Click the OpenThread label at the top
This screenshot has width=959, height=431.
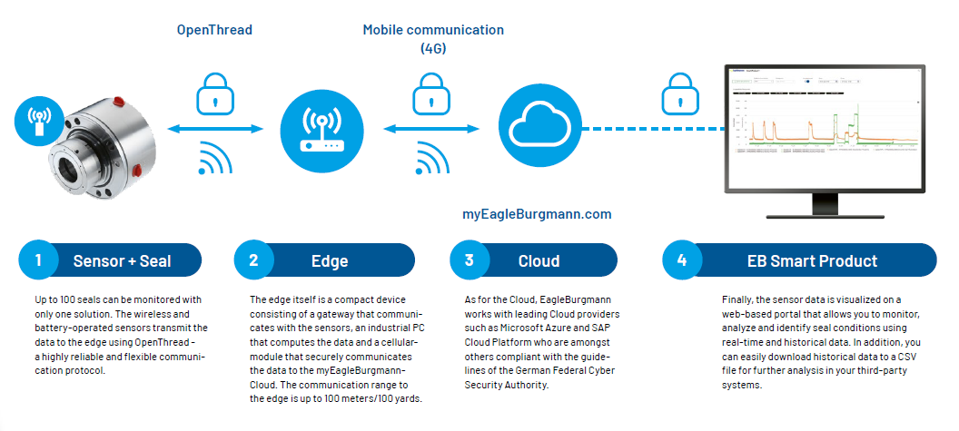pyautogui.click(x=213, y=30)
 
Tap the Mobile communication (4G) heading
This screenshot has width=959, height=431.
pyautogui.click(x=433, y=38)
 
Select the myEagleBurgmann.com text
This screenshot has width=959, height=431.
pyautogui.click(x=537, y=215)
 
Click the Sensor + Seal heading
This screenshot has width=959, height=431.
pyautogui.click(x=122, y=261)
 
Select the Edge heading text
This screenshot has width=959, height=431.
pyautogui.click(x=330, y=261)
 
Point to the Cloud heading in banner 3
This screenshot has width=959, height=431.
pyautogui.click(x=539, y=261)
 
